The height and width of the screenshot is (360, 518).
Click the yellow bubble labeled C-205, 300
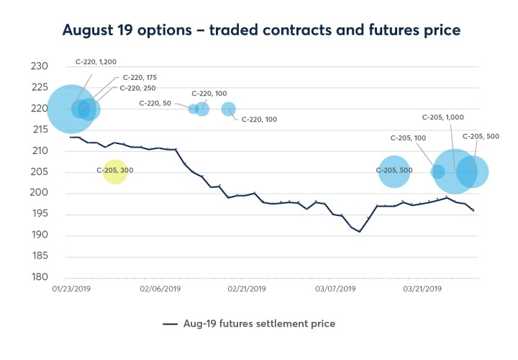pos(115,171)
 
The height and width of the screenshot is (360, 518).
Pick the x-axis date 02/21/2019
pos(247,289)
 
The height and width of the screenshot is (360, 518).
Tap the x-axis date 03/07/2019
pos(335,289)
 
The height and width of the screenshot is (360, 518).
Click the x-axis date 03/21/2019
pos(423,289)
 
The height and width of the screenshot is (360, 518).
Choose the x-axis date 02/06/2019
pos(159,289)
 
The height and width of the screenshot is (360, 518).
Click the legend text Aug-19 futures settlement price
pos(258,324)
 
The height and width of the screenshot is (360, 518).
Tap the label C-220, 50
pos(155,104)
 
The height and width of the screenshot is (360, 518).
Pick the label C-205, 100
pos(409,138)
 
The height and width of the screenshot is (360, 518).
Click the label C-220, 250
pos(139,88)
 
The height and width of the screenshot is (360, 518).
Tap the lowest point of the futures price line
pos(359,232)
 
